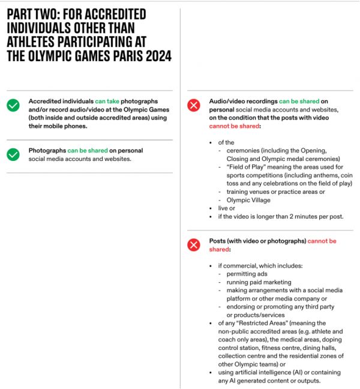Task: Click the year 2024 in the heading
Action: pos(155,56)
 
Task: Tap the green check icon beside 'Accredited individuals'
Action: pos(13,106)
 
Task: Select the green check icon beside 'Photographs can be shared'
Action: pos(13,154)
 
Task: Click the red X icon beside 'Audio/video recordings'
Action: pos(194,106)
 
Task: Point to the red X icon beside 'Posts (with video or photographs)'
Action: pos(194,245)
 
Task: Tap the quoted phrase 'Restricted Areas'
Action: pos(256,323)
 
